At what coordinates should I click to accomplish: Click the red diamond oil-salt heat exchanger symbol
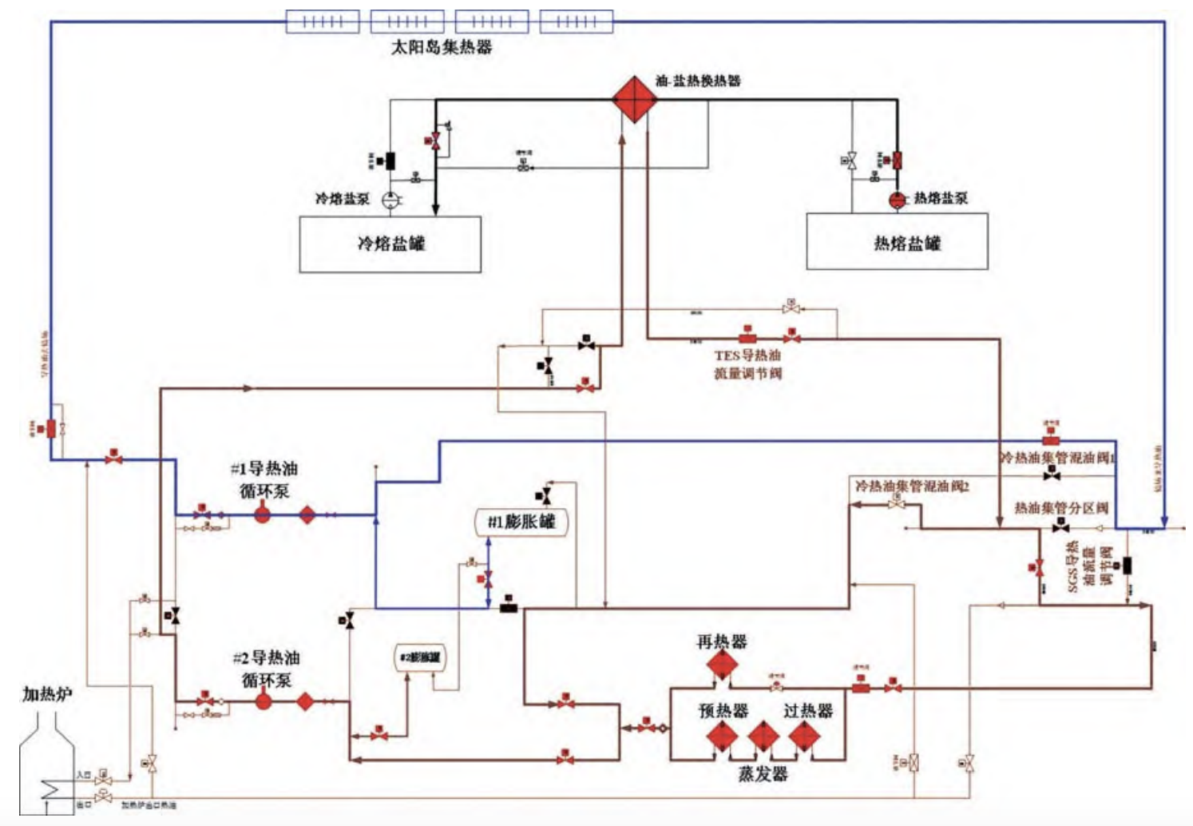pyautogui.click(x=635, y=99)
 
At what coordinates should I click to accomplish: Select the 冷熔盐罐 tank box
pyautogui.click(x=390, y=244)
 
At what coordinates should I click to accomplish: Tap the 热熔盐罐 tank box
pyautogui.click(x=898, y=241)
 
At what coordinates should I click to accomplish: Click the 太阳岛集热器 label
pyautogui.click(x=441, y=47)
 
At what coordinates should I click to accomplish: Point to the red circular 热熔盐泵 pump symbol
pyautogui.click(x=898, y=200)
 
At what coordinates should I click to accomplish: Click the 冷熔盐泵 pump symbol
pyautogui.click(x=390, y=200)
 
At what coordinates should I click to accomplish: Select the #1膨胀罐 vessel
pyautogui.click(x=521, y=522)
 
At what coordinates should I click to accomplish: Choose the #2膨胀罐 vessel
pyautogui.click(x=421, y=657)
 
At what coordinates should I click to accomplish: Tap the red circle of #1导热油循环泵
pyautogui.click(x=263, y=515)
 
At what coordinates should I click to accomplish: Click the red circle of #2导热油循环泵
pyautogui.click(x=264, y=701)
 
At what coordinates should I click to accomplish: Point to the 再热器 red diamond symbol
pyautogui.click(x=722, y=665)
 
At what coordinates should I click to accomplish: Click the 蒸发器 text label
pyautogui.click(x=763, y=773)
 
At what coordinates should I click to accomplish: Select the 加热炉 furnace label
pyautogui.click(x=47, y=693)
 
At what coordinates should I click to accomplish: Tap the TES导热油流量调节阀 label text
pyautogui.click(x=747, y=364)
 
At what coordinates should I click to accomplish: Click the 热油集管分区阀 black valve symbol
pyautogui.click(x=1060, y=526)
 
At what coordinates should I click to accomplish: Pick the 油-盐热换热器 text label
pyautogui.click(x=698, y=81)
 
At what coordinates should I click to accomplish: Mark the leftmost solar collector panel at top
pyautogui.click(x=323, y=22)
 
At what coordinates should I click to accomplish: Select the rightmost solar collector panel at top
pyautogui.click(x=577, y=22)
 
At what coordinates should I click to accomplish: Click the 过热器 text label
pyautogui.click(x=808, y=710)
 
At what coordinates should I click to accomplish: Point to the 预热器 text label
pyautogui.click(x=723, y=710)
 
